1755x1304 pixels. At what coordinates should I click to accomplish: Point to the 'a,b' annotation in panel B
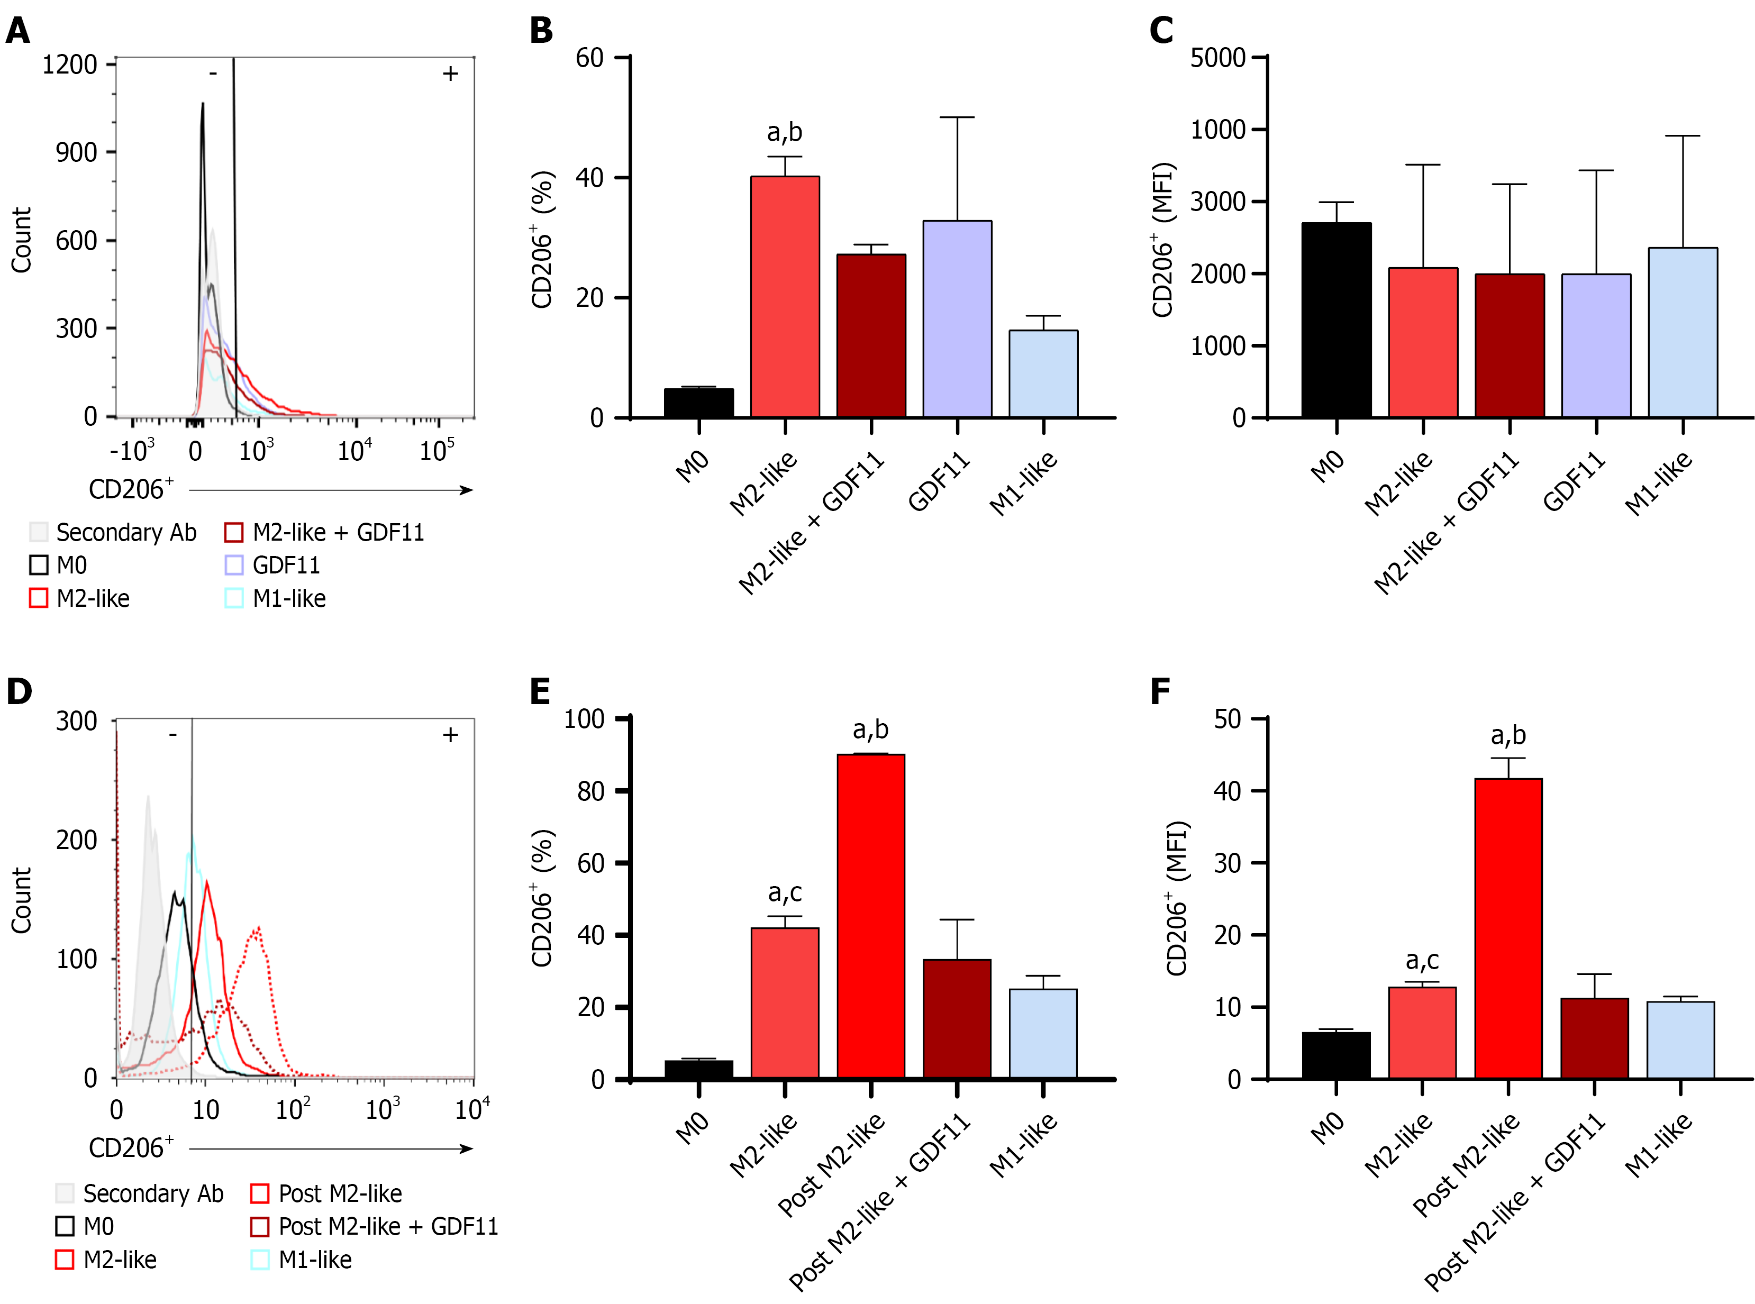coord(784,133)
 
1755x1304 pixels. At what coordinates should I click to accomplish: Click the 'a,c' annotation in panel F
coord(1421,961)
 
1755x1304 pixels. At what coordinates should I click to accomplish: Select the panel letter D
coord(20,691)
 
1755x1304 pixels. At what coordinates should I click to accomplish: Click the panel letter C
coord(1160,31)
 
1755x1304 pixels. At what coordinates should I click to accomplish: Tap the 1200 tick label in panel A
coord(69,65)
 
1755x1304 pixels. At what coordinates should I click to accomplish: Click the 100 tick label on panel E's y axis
coord(584,719)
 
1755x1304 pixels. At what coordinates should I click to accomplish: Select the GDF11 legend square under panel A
coord(234,565)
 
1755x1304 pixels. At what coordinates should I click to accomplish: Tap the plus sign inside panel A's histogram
coord(450,74)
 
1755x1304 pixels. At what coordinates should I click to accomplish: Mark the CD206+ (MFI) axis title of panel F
coord(1176,898)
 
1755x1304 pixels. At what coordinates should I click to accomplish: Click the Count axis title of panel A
coord(21,240)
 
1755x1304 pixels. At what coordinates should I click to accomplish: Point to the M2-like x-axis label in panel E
coord(762,1145)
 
